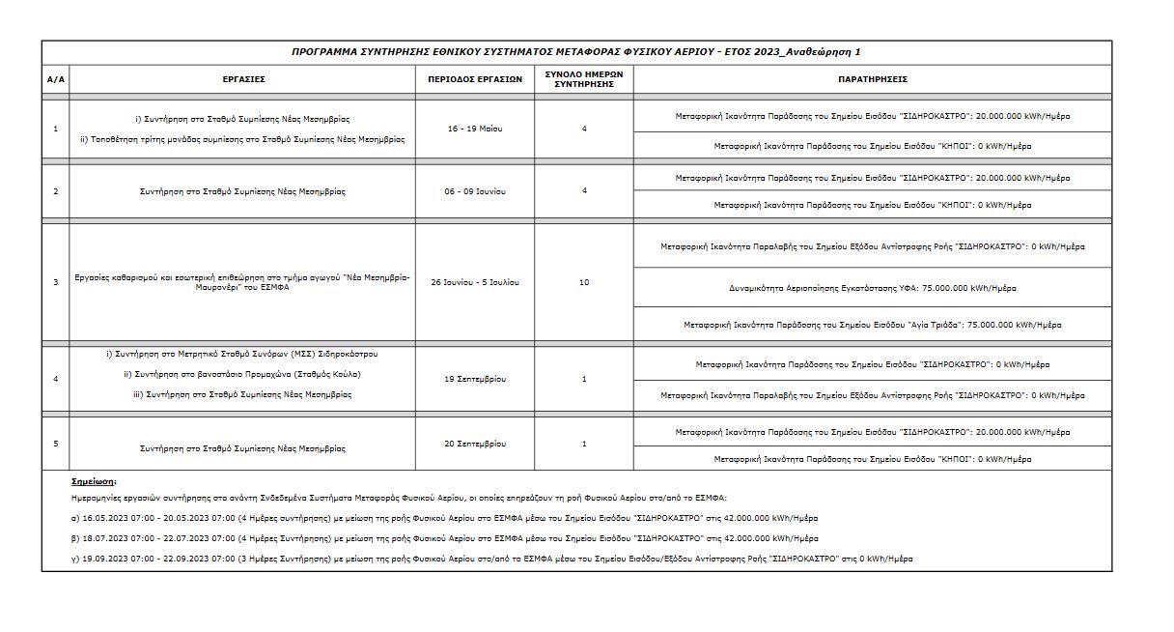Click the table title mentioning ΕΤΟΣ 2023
point(575,51)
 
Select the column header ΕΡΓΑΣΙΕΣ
point(242,79)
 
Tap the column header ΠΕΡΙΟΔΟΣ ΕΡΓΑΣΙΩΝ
point(475,79)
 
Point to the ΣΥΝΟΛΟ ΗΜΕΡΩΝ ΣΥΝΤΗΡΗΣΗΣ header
point(583,79)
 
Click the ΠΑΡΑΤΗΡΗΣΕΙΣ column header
point(872,79)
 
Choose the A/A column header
point(55,79)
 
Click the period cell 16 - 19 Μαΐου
point(475,129)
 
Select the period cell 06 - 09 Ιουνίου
point(475,191)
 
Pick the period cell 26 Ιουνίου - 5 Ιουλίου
point(475,282)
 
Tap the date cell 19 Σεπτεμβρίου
point(475,379)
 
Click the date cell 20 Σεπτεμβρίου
point(475,444)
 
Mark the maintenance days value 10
point(583,282)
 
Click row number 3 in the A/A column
point(55,282)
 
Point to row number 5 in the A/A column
point(55,444)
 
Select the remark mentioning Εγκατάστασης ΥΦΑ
point(872,288)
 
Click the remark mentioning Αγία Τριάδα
point(872,325)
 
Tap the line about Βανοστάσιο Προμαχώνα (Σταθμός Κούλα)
point(242,374)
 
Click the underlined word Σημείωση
point(94,480)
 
